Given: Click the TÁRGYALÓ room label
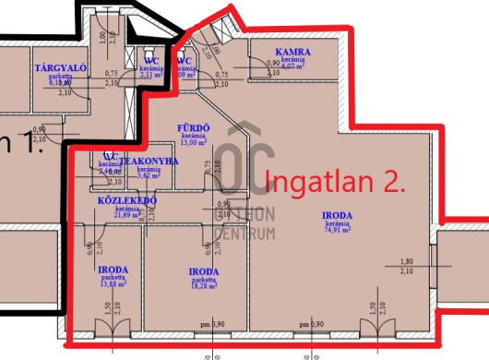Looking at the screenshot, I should tap(54, 68).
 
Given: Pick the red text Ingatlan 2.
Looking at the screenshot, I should tap(336, 181).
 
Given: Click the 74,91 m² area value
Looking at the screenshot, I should tap(336, 230).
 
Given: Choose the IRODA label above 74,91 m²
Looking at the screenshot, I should tap(336, 216).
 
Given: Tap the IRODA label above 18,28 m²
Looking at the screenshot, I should tap(203, 271).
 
